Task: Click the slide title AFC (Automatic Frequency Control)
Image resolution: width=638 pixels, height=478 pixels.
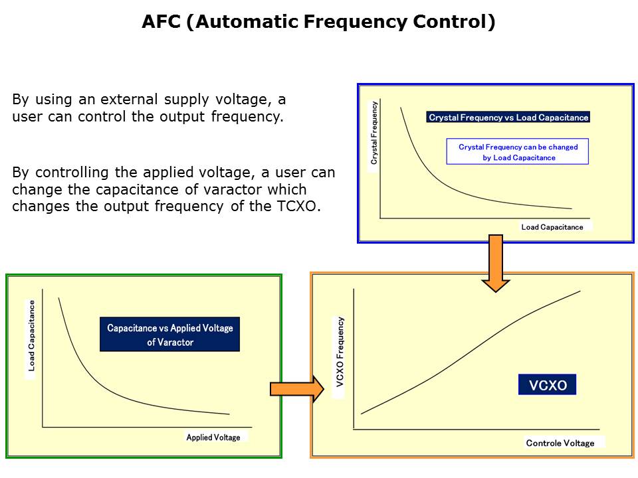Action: (x=318, y=22)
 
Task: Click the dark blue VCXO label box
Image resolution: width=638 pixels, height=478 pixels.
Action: (x=548, y=385)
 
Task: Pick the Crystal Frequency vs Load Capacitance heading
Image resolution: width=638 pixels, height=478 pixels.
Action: (x=508, y=118)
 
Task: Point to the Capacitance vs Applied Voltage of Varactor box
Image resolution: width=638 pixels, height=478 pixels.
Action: (x=169, y=335)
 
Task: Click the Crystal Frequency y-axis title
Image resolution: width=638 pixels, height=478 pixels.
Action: (x=374, y=133)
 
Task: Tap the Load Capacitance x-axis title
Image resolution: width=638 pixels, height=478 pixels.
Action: (x=552, y=227)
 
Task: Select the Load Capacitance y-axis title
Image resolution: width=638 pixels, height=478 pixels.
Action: (x=31, y=335)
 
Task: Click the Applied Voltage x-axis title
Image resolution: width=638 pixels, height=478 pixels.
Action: (x=213, y=438)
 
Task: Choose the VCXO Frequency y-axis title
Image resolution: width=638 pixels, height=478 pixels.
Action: (x=340, y=357)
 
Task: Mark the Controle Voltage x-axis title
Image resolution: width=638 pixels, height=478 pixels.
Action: (x=560, y=443)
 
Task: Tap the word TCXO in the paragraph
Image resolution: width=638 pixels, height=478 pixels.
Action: (x=300, y=206)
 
